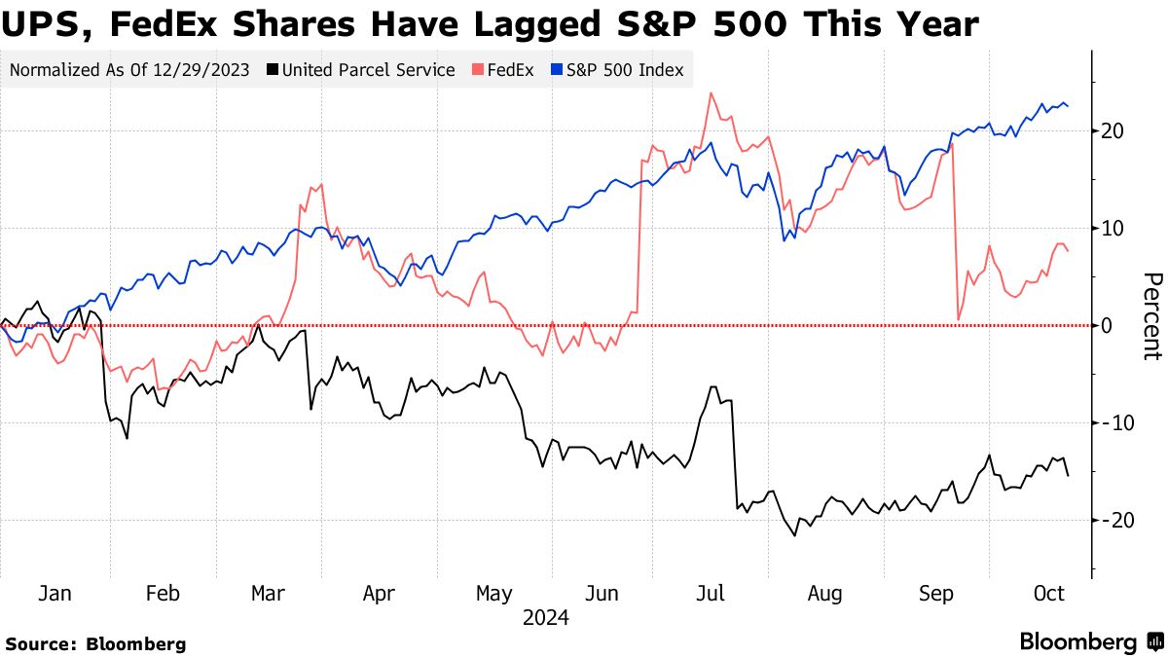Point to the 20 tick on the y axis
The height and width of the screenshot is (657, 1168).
click(1112, 131)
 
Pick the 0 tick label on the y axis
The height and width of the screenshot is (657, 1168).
click(1106, 326)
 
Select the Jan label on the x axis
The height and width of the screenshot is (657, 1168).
click(54, 594)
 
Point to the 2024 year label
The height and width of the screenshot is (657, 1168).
click(546, 618)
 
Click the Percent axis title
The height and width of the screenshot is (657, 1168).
click(1151, 316)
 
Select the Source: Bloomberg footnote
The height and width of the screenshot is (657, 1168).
click(95, 643)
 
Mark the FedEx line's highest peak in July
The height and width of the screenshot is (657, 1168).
click(712, 93)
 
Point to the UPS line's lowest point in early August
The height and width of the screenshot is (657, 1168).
click(794, 534)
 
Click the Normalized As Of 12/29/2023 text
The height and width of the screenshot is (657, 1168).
click(129, 70)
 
